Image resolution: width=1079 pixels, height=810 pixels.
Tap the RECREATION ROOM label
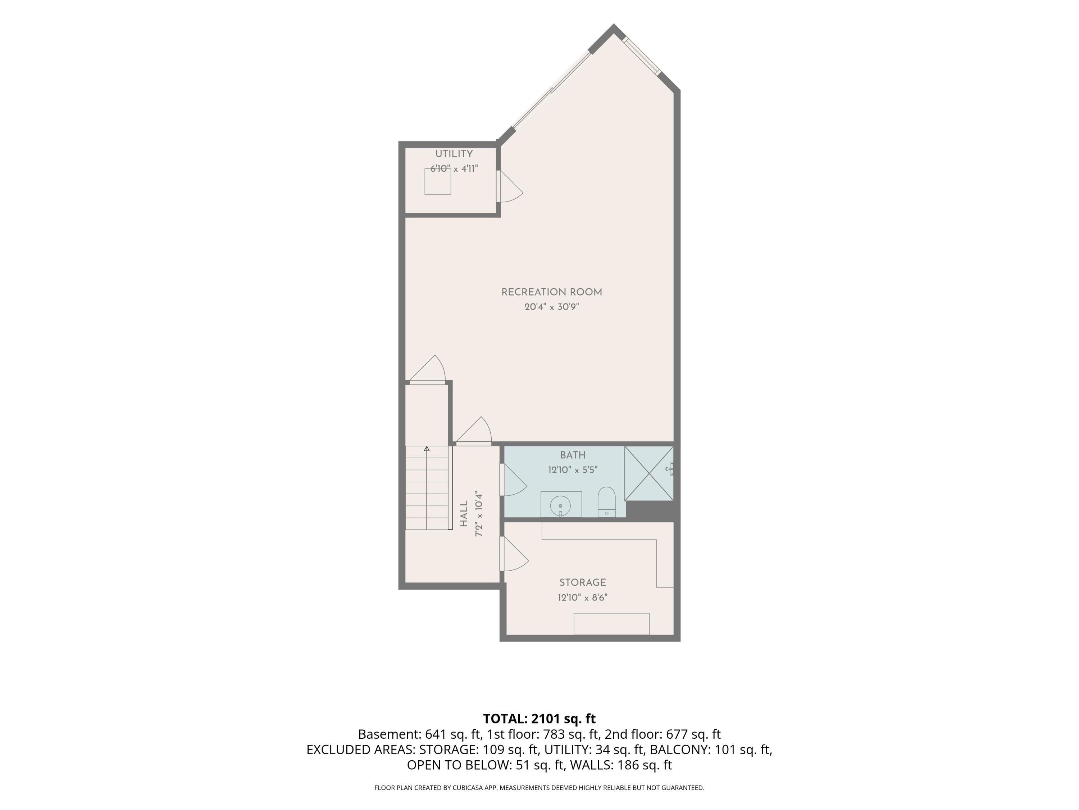[x=552, y=292]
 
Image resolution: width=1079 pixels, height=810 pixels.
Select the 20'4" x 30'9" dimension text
[x=552, y=307]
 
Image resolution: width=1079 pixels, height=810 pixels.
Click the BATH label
[x=573, y=455]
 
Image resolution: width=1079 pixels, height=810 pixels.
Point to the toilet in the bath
[x=607, y=501]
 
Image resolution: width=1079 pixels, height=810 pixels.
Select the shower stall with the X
[x=649, y=473]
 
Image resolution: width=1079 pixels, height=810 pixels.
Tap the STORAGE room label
[x=582, y=583]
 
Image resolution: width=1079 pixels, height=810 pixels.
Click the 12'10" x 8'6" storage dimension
[x=582, y=598]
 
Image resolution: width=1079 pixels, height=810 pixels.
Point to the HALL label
[x=464, y=514]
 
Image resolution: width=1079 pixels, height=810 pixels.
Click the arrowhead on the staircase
[x=427, y=448]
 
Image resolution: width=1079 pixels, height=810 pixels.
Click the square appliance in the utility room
[x=438, y=182]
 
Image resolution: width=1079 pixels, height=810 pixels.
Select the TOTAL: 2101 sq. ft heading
[x=539, y=719]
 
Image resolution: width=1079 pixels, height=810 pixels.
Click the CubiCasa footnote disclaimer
[x=539, y=788]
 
